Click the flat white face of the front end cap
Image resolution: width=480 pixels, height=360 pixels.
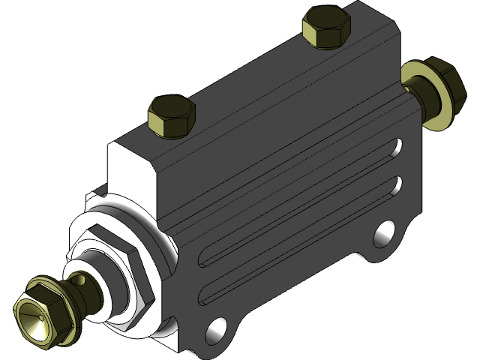(129, 169)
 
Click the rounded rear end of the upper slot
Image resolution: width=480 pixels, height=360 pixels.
(398, 144)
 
